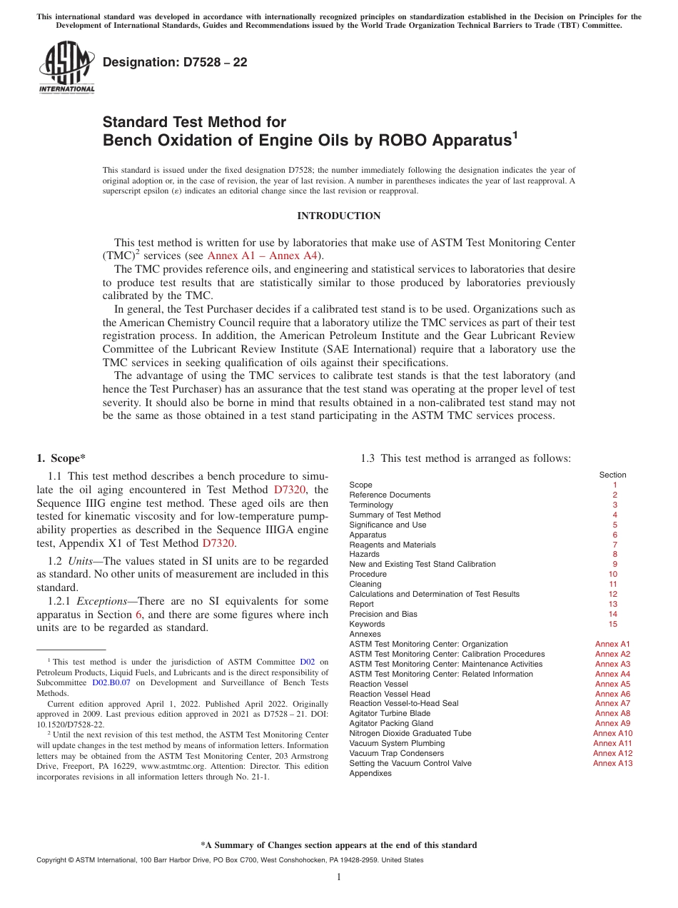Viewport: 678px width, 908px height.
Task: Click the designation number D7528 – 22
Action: pyautogui.click(x=175, y=63)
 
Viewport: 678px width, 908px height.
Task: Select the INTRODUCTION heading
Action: pyautogui.click(x=338, y=216)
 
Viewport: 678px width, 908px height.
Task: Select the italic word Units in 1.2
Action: pyautogui.click(x=89, y=561)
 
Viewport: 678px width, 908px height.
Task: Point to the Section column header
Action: pyautogui.click(x=612, y=475)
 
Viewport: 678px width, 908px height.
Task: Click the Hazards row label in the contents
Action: pyautogui.click(x=364, y=554)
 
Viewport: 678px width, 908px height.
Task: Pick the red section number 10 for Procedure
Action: pyautogui.click(x=612, y=574)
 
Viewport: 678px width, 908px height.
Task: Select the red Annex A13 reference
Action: pyautogui.click(x=612, y=763)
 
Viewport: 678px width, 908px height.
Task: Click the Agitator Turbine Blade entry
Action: pyautogui.click(x=389, y=713)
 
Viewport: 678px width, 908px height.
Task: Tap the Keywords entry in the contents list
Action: pyautogui.click(x=366, y=624)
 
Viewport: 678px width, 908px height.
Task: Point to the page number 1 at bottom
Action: pyautogui.click(x=338, y=877)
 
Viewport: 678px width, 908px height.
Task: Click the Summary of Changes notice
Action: pyautogui.click(x=338, y=845)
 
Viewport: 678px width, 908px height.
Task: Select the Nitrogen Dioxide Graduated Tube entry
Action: pyautogui.click(x=410, y=733)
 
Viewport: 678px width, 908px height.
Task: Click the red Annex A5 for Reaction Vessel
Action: pyautogui.click(x=612, y=684)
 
